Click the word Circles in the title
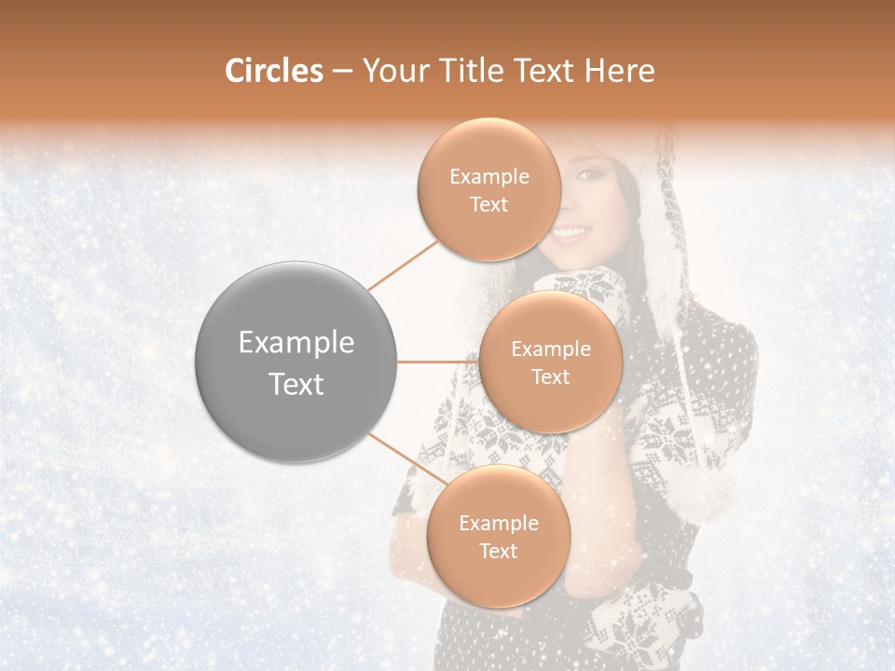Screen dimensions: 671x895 point(273,71)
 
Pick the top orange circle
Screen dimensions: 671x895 point(489,189)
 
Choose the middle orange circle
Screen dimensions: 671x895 point(551,362)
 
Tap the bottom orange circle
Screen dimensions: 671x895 point(498,536)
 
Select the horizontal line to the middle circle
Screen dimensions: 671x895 point(437,362)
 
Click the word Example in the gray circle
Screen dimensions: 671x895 point(296,343)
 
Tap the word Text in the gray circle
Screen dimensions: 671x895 point(296,384)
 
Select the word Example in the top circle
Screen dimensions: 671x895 point(489,176)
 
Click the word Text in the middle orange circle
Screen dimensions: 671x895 point(551,377)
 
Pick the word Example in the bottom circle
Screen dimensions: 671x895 point(498,523)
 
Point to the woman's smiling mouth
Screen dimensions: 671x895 point(571,233)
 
